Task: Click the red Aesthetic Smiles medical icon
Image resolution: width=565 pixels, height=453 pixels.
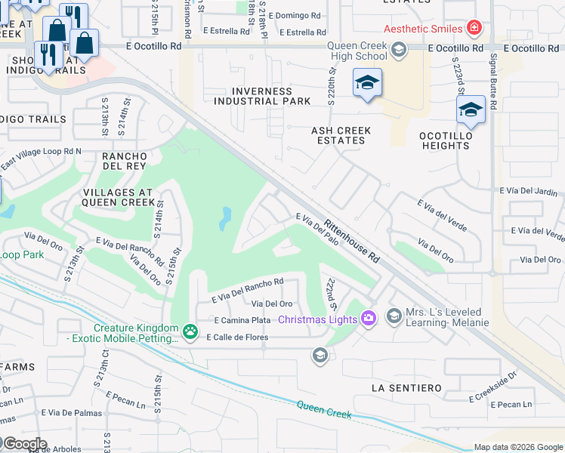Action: (474, 29)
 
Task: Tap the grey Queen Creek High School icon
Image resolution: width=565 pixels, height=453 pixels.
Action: (399, 51)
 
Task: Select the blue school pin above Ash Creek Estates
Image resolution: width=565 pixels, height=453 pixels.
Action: (367, 82)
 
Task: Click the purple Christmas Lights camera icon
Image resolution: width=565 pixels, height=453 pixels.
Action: (368, 317)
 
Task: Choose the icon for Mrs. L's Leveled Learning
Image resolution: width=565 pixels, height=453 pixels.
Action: (394, 316)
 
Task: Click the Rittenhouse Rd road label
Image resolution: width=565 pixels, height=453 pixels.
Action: (352, 240)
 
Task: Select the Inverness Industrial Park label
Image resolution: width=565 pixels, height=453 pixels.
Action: (262, 96)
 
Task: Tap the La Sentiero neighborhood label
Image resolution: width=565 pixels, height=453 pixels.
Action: (406, 387)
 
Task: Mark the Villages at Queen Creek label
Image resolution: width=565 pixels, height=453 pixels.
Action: (119, 197)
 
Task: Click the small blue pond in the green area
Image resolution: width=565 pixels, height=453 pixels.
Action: (225, 219)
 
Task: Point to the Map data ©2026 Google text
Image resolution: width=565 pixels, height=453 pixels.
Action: (518, 447)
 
